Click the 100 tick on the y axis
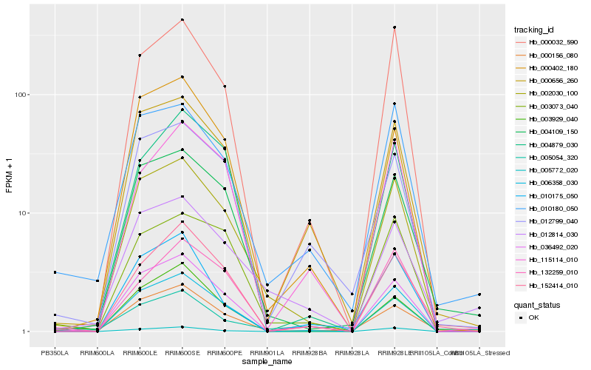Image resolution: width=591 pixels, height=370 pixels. pyautogui.click(x=20, y=95)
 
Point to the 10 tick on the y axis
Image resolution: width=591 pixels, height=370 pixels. pyautogui.click(x=22, y=213)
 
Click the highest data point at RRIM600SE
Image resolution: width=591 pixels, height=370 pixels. pyautogui.click(x=182, y=19)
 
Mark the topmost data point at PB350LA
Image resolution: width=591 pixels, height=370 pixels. pyautogui.click(x=55, y=272)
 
